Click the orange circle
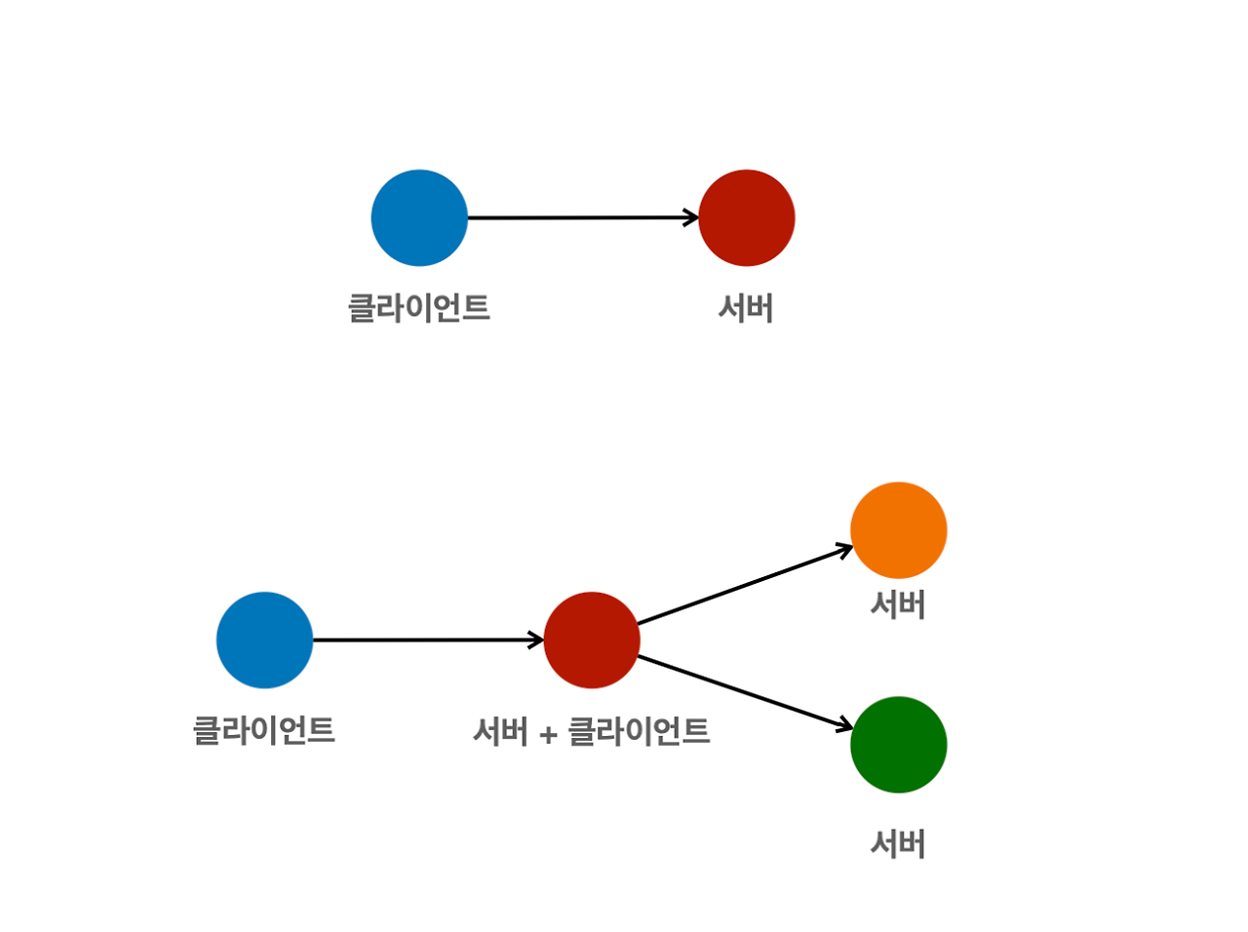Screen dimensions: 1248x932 898,530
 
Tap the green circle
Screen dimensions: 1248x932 898,745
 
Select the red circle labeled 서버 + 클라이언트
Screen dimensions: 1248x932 592,641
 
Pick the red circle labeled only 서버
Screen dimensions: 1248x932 747,217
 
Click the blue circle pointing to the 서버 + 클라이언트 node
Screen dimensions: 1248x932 264,641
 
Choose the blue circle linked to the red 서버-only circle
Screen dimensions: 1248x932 419,217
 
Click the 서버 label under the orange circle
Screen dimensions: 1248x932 898,605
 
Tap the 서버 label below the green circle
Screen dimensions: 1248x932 898,843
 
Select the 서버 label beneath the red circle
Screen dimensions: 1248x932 746,309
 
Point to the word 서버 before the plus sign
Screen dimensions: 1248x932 500,731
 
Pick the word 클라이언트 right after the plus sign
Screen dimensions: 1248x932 639,731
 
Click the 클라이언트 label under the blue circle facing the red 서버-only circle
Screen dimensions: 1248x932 419,308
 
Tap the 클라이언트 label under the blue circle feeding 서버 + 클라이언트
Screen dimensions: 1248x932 264,730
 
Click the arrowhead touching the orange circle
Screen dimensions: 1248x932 844,549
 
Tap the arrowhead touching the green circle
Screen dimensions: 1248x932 844,726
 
